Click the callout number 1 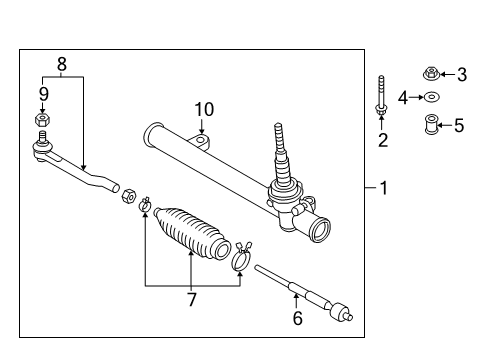(384, 187)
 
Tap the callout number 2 (382, 140)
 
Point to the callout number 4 (404, 97)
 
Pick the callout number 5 (460, 125)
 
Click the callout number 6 (296, 318)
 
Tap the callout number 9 (43, 93)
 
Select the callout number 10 (204, 108)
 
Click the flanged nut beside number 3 (430, 72)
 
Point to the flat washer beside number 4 (432, 97)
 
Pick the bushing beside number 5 (431, 126)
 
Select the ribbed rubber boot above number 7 (193, 237)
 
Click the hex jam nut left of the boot (128, 194)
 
